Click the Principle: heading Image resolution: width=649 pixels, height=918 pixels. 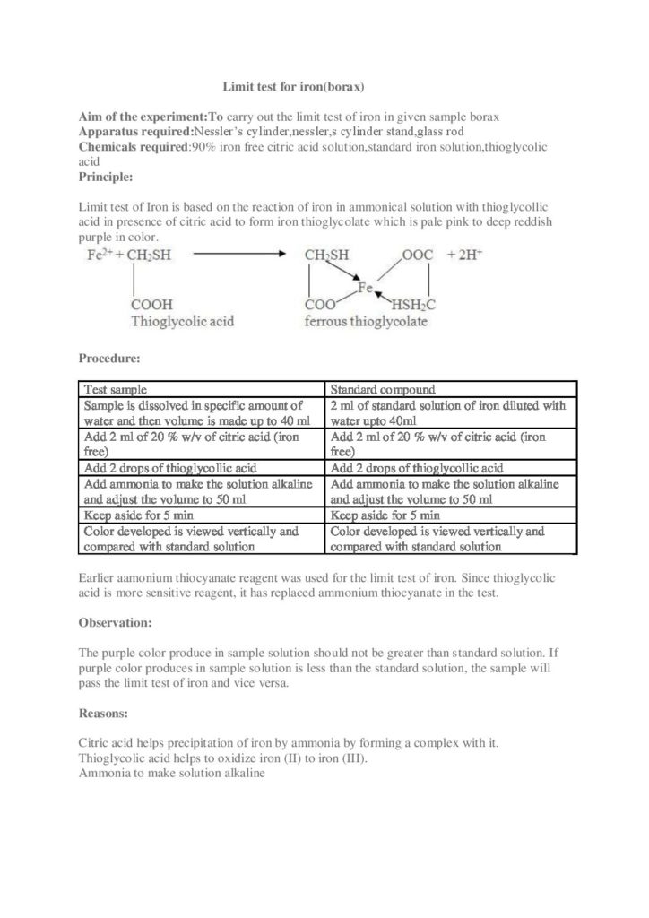[106, 176]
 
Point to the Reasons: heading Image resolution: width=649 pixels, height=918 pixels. [104, 714]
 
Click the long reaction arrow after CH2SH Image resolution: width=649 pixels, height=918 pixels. [241, 255]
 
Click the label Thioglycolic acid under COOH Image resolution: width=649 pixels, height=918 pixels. [183, 320]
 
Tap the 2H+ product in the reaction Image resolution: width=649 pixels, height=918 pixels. [468, 255]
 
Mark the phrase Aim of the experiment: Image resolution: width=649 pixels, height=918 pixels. [143, 117]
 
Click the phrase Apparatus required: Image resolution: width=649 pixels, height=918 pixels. [135, 131]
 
